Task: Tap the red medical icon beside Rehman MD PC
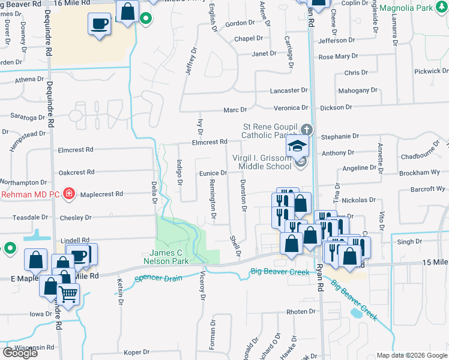point(69,193)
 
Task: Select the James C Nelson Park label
point(166,257)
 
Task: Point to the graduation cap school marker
point(297,145)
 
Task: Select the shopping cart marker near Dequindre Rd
point(69,294)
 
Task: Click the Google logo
point(19,353)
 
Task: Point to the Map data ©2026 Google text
point(412,355)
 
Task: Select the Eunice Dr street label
point(212,173)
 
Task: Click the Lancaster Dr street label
point(289,90)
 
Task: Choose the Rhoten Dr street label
point(301,311)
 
